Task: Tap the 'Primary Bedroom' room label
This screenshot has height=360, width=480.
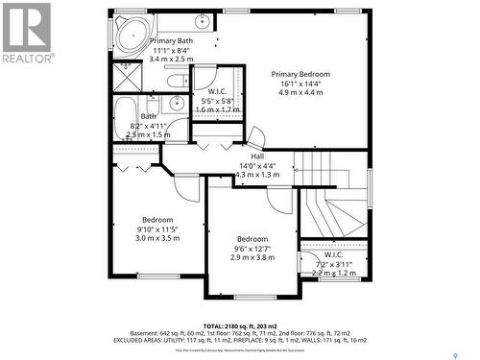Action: coord(300,75)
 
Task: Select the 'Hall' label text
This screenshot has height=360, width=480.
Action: coord(257,156)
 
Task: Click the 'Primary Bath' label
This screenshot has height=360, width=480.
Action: coord(171,41)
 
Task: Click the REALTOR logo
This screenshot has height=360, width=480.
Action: coord(25,33)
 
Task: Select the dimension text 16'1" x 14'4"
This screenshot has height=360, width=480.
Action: coord(300,84)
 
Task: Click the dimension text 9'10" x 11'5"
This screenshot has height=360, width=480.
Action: coord(157,229)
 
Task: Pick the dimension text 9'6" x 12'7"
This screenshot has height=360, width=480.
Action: coord(252,250)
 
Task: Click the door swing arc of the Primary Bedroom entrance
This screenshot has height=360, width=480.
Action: coord(256,136)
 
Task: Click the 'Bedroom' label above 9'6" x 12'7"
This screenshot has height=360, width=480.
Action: coord(252,239)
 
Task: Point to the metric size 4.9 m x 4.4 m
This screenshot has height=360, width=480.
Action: coord(300,94)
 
